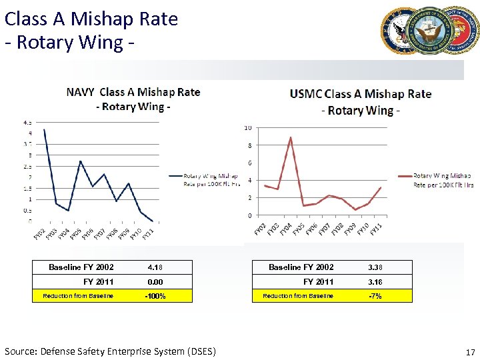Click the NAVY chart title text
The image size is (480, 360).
coord(133,99)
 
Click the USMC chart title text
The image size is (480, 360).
coord(361,102)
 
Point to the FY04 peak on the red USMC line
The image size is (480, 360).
coord(291,137)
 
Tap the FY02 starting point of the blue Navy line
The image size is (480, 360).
coord(44,130)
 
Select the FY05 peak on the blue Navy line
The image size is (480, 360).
coord(80,161)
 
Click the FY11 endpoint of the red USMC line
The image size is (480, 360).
coord(381,187)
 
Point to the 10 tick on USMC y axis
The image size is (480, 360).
coord(248,128)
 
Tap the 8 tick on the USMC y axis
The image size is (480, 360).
coord(249,145)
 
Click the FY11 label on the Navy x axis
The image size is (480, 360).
coord(148,233)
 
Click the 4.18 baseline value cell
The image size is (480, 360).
coord(155,267)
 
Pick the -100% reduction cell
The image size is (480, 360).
coord(155,296)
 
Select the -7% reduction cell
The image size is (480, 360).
coord(375,296)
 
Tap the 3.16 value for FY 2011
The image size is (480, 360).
coord(375,282)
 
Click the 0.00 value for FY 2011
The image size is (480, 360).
coord(155,282)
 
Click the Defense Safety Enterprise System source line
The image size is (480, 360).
coord(110,351)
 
